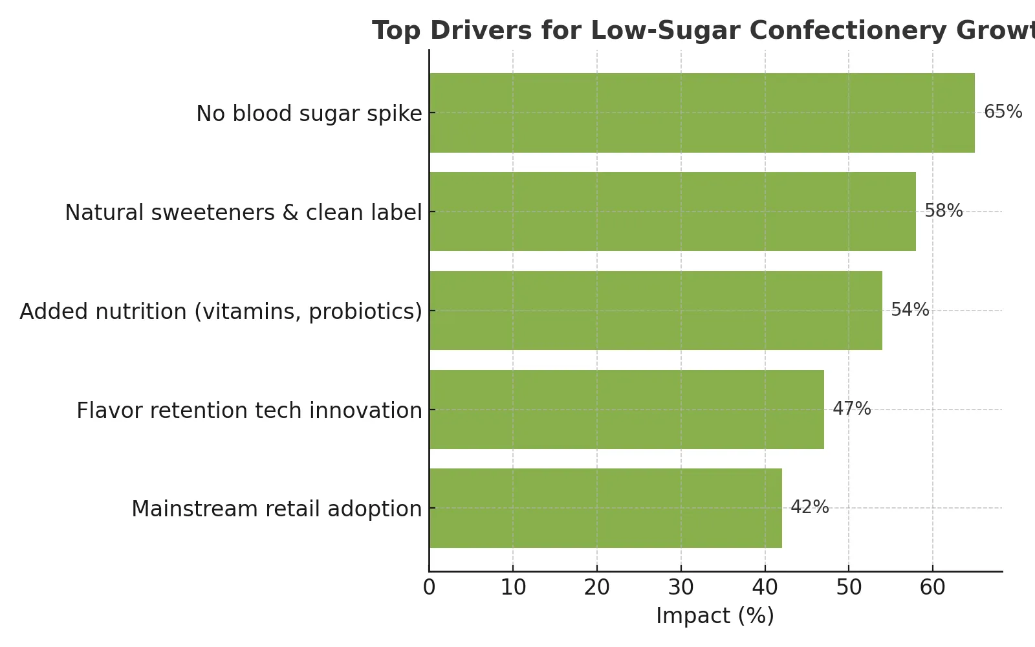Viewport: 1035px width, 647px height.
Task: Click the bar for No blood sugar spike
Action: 702,113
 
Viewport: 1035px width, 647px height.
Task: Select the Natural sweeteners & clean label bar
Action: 673,212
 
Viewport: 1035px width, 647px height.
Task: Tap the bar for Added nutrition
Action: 656,311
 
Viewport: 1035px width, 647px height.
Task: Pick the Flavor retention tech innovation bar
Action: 627,410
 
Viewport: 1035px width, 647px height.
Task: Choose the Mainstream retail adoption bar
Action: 605,509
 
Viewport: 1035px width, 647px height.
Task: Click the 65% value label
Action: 1003,112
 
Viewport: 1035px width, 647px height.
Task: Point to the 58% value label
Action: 944,211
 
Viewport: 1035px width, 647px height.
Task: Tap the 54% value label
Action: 910,310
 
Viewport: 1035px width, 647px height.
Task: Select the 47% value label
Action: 851,408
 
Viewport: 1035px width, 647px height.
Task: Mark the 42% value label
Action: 809,507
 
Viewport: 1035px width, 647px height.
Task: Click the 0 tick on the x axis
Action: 430,588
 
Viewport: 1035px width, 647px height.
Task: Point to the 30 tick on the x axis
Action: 681,588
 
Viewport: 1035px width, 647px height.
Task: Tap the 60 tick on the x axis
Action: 932,588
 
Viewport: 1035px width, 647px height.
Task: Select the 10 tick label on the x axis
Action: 514,588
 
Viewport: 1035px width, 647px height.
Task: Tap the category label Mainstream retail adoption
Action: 277,509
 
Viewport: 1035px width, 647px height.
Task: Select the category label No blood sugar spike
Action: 309,114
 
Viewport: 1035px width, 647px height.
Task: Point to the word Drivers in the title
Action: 481,31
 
